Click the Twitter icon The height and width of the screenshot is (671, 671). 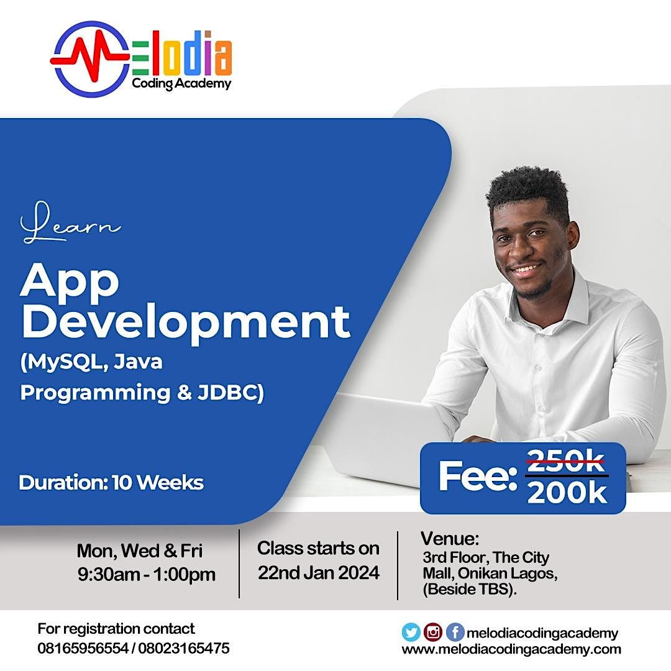(x=411, y=632)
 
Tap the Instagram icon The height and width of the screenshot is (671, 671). (x=432, y=632)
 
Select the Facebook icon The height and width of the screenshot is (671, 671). (x=455, y=632)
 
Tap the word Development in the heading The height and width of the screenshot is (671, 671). (x=185, y=322)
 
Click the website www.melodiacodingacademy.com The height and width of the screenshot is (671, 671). (x=511, y=649)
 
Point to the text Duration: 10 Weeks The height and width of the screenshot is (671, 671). (x=111, y=483)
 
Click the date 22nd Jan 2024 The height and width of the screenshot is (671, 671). (x=318, y=572)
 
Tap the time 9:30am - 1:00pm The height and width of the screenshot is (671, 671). (x=147, y=574)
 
